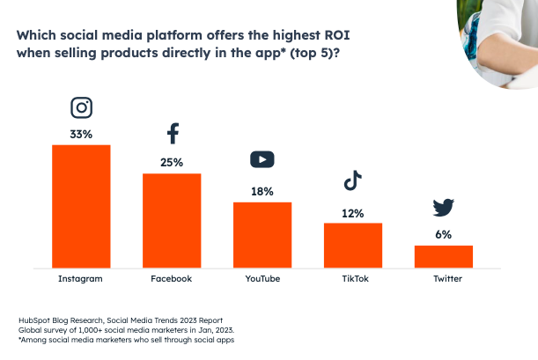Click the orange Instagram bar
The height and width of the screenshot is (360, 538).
[x=81, y=205]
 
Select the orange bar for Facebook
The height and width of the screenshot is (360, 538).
[x=172, y=220]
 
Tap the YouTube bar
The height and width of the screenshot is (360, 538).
[x=262, y=234]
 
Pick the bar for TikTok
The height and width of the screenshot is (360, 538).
[x=353, y=245]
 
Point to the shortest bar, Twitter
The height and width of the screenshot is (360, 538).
[x=444, y=256]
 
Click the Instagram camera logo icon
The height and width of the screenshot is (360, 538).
[x=81, y=108]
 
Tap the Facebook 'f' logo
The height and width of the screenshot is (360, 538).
[x=173, y=134]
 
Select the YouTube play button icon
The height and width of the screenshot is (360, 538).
[x=262, y=159]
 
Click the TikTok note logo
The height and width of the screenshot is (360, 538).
[x=353, y=181]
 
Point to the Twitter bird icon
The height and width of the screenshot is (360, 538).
[x=444, y=208]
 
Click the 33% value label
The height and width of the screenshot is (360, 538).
[x=81, y=134]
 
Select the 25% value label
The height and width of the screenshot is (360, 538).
[x=172, y=162]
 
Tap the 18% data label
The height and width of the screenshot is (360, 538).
[x=262, y=191]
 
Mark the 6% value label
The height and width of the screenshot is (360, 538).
[x=444, y=234]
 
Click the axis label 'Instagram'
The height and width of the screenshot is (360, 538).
[x=81, y=279]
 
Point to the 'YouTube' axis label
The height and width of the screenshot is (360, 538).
[x=262, y=279]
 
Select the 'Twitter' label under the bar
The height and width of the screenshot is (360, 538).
[x=444, y=279]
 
